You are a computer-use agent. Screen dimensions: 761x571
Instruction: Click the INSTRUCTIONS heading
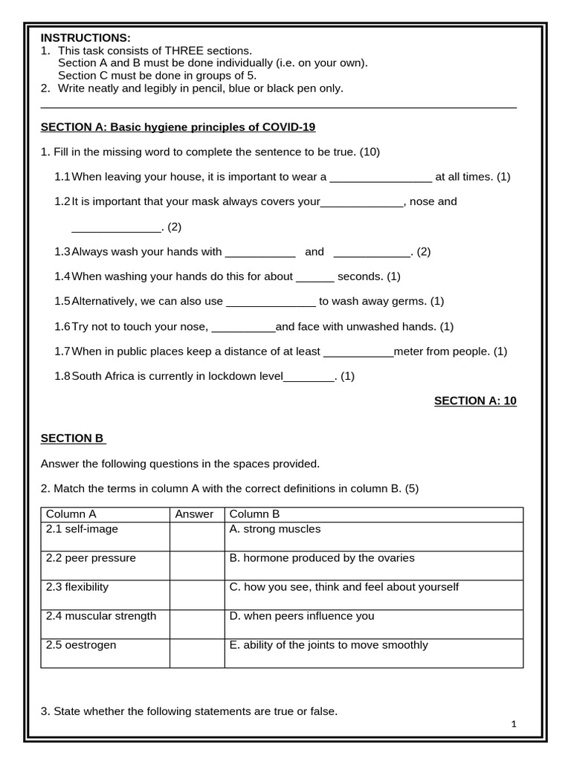tap(86, 38)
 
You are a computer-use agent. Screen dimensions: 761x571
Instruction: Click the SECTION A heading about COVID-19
tap(178, 127)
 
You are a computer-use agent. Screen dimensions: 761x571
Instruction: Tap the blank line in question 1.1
tap(380, 178)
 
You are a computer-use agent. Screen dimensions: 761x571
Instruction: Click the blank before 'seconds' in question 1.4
tap(315, 278)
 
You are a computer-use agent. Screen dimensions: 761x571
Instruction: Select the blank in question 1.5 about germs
tap(271, 303)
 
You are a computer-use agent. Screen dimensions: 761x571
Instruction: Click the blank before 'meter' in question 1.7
tap(359, 353)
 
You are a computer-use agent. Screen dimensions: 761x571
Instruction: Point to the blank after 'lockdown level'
tap(309, 378)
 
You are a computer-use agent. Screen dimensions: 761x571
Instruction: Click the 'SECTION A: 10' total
tap(475, 401)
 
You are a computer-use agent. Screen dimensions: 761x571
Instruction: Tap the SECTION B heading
tap(73, 438)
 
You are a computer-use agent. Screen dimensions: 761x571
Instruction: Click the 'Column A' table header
tap(71, 514)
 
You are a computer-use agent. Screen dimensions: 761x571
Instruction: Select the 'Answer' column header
tap(194, 514)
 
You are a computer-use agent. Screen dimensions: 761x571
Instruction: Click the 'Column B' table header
tap(255, 514)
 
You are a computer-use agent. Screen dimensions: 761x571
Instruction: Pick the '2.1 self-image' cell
tap(82, 529)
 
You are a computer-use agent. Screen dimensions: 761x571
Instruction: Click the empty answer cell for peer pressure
tap(196, 565)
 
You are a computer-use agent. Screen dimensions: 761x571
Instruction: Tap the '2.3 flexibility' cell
tap(77, 586)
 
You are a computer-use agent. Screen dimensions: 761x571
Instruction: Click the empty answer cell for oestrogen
tap(196, 652)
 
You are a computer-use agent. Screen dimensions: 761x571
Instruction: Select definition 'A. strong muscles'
tap(275, 529)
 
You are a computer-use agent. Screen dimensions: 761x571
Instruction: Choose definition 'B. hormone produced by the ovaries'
tap(322, 558)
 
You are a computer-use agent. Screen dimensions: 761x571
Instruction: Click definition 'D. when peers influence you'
tap(302, 616)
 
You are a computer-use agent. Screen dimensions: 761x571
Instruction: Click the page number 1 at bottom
tap(513, 724)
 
